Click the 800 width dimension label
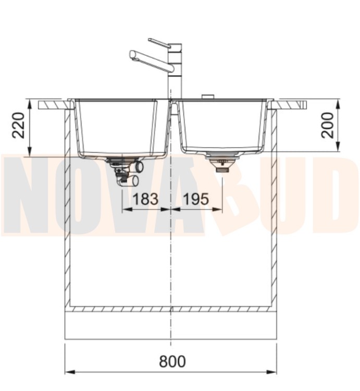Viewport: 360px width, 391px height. coord(172,361)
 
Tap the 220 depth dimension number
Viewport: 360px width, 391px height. coord(19,125)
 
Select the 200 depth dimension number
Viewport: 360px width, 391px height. coord(327,125)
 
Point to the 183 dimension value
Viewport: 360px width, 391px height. coord(146,199)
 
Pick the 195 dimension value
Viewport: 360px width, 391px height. coord(196,199)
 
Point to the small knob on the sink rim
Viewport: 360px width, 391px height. coord(207,97)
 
